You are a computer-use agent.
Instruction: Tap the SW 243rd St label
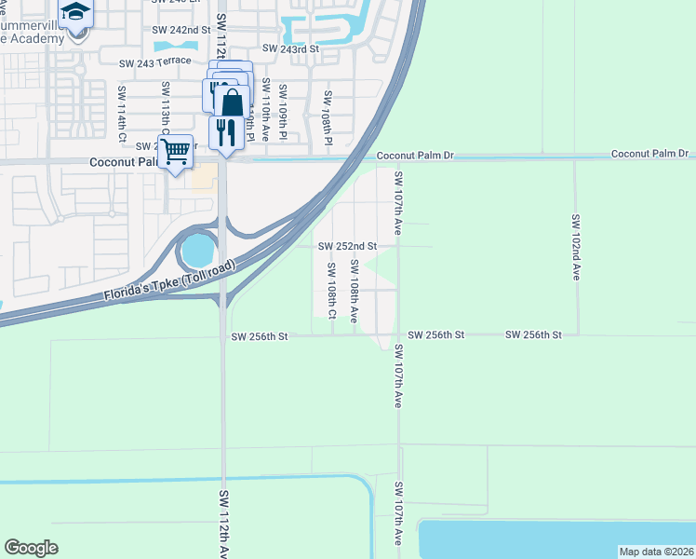[291, 48]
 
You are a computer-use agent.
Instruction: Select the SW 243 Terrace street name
[156, 63]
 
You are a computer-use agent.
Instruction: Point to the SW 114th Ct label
[122, 113]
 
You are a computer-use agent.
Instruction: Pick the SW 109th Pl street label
[282, 113]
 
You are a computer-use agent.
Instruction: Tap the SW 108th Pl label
[328, 118]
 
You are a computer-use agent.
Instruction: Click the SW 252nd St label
[347, 246]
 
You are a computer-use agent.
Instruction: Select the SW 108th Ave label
[355, 291]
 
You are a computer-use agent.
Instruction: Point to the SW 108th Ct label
[331, 291]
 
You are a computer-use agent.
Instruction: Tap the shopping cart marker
[176, 151]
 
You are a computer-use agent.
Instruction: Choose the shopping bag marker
[233, 101]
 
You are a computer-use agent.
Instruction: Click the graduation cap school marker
[75, 12]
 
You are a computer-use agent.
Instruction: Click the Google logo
[31, 548]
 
